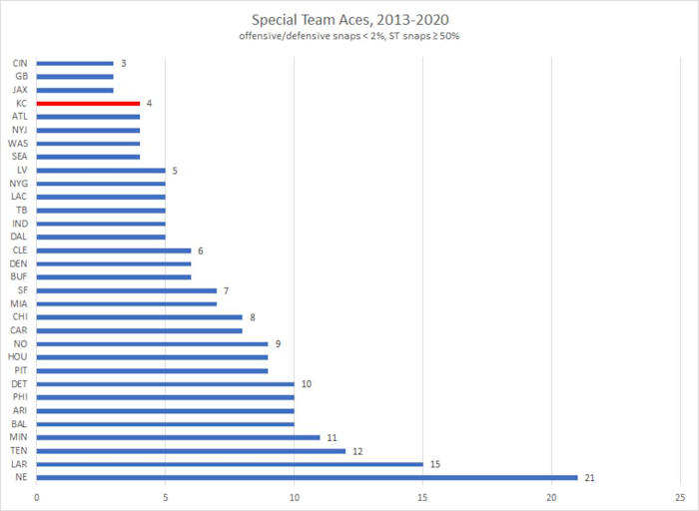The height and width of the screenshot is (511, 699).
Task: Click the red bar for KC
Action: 88,103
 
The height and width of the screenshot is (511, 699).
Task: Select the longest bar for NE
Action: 307,477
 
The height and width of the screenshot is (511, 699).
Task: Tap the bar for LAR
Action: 230,464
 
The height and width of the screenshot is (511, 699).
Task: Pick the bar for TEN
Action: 191,450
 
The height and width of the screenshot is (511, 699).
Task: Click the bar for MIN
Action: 178,437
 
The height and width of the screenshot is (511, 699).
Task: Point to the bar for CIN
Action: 75,63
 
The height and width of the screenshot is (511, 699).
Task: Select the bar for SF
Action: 127,290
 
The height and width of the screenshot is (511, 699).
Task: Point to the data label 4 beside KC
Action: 148,103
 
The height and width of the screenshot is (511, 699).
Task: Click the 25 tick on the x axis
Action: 680,495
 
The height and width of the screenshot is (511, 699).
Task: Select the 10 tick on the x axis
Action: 294,495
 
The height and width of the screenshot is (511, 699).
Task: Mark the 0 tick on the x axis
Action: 37,495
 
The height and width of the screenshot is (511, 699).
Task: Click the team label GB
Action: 21,76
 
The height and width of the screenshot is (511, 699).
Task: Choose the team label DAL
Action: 20,237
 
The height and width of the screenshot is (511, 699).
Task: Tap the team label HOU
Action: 19,357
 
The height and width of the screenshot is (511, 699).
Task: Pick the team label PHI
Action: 20,397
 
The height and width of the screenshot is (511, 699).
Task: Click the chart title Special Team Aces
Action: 349,20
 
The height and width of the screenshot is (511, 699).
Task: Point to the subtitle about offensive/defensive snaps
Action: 349,37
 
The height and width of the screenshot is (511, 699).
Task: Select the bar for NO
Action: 152,343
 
